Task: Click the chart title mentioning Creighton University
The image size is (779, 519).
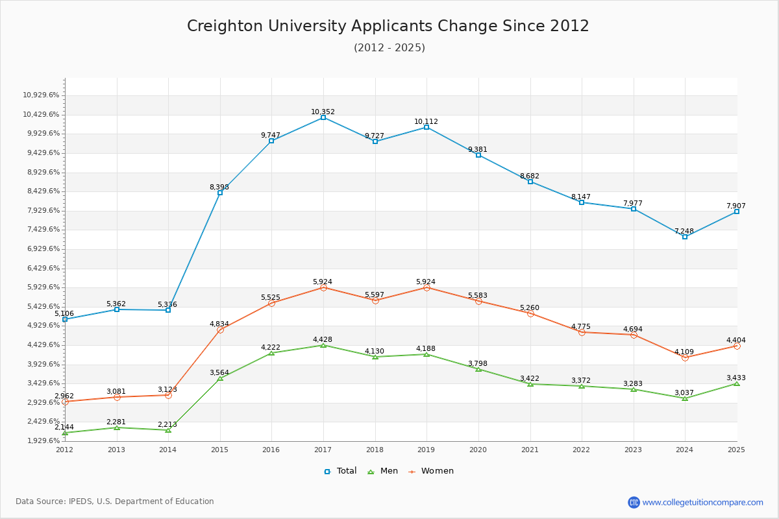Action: tap(388, 26)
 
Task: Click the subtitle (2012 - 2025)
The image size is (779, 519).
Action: tap(389, 47)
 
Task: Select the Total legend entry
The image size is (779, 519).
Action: tap(340, 471)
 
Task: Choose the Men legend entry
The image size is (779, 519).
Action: tap(384, 471)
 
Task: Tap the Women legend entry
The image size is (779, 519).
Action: tap(431, 471)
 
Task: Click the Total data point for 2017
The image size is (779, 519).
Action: tap(323, 117)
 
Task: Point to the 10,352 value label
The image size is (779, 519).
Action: tap(323, 112)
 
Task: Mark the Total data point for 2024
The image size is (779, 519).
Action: tap(685, 237)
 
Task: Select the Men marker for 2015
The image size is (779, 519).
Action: tap(220, 378)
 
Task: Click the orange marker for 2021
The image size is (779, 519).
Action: tap(530, 313)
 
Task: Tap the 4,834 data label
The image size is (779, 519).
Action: tap(219, 324)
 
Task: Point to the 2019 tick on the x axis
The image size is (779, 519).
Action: tap(426, 449)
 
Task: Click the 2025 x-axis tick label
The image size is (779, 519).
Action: tap(736, 449)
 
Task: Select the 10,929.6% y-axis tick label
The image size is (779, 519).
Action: tap(41, 95)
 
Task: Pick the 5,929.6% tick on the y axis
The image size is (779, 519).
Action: tap(41, 287)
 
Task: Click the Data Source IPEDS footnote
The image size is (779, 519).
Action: tap(115, 501)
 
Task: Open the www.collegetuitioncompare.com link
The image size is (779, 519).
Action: tap(702, 502)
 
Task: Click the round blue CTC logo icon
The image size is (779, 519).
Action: tap(634, 502)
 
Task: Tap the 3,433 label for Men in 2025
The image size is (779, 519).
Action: tap(736, 378)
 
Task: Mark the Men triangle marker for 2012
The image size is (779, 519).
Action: tap(65, 433)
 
